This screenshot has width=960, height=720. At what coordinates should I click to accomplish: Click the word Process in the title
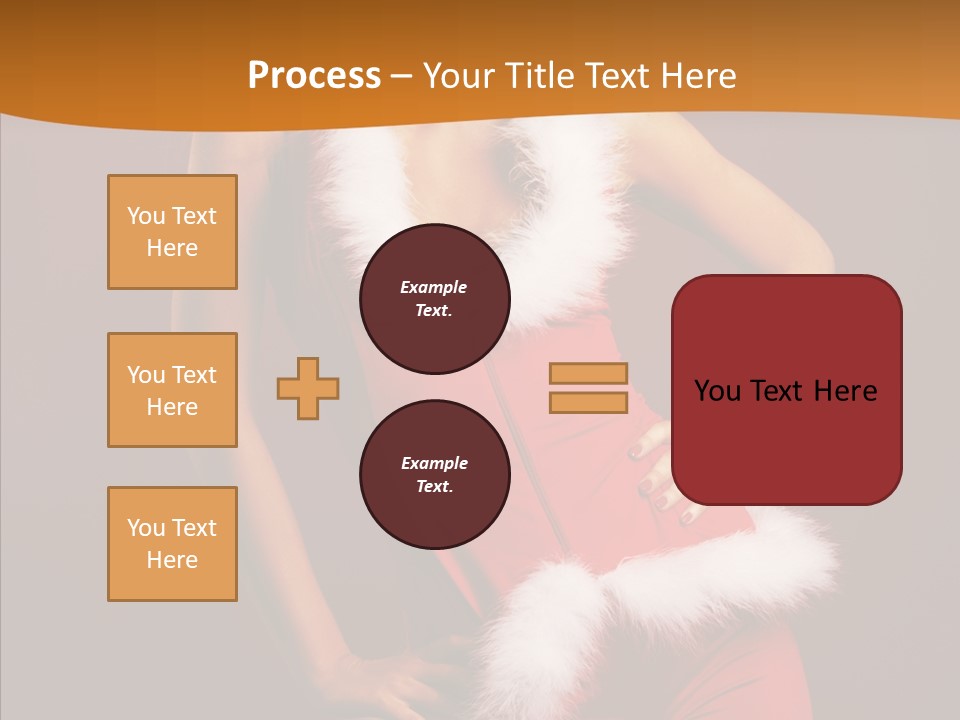click(314, 76)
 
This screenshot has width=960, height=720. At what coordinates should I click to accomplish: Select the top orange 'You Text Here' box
click(172, 232)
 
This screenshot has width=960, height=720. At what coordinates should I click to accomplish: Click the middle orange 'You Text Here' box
click(172, 390)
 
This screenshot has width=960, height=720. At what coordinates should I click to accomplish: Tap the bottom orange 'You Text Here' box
click(172, 544)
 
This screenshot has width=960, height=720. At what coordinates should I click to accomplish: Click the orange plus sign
click(308, 388)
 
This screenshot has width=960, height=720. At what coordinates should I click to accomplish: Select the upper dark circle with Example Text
click(434, 299)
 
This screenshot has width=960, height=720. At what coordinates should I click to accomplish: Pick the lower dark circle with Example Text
click(434, 475)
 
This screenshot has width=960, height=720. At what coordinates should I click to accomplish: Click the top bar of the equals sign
click(588, 373)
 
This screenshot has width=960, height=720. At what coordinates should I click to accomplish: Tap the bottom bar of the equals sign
click(588, 403)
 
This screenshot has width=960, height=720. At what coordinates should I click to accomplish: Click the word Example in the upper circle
click(434, 287)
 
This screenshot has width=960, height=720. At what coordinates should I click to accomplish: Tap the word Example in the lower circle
click(434, 463)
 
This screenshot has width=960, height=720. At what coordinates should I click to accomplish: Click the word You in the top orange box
click(145, 216)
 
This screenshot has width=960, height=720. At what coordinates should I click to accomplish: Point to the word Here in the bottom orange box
click(172, 560)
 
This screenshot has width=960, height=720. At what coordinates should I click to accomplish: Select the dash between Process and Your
click(402, 76)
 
